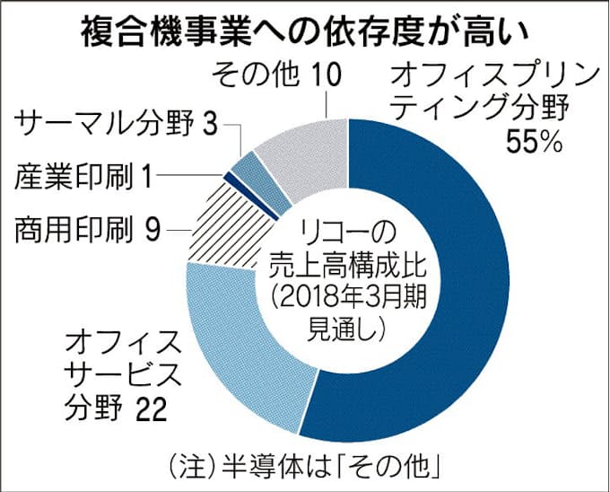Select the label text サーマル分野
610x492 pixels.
click(100, 123)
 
